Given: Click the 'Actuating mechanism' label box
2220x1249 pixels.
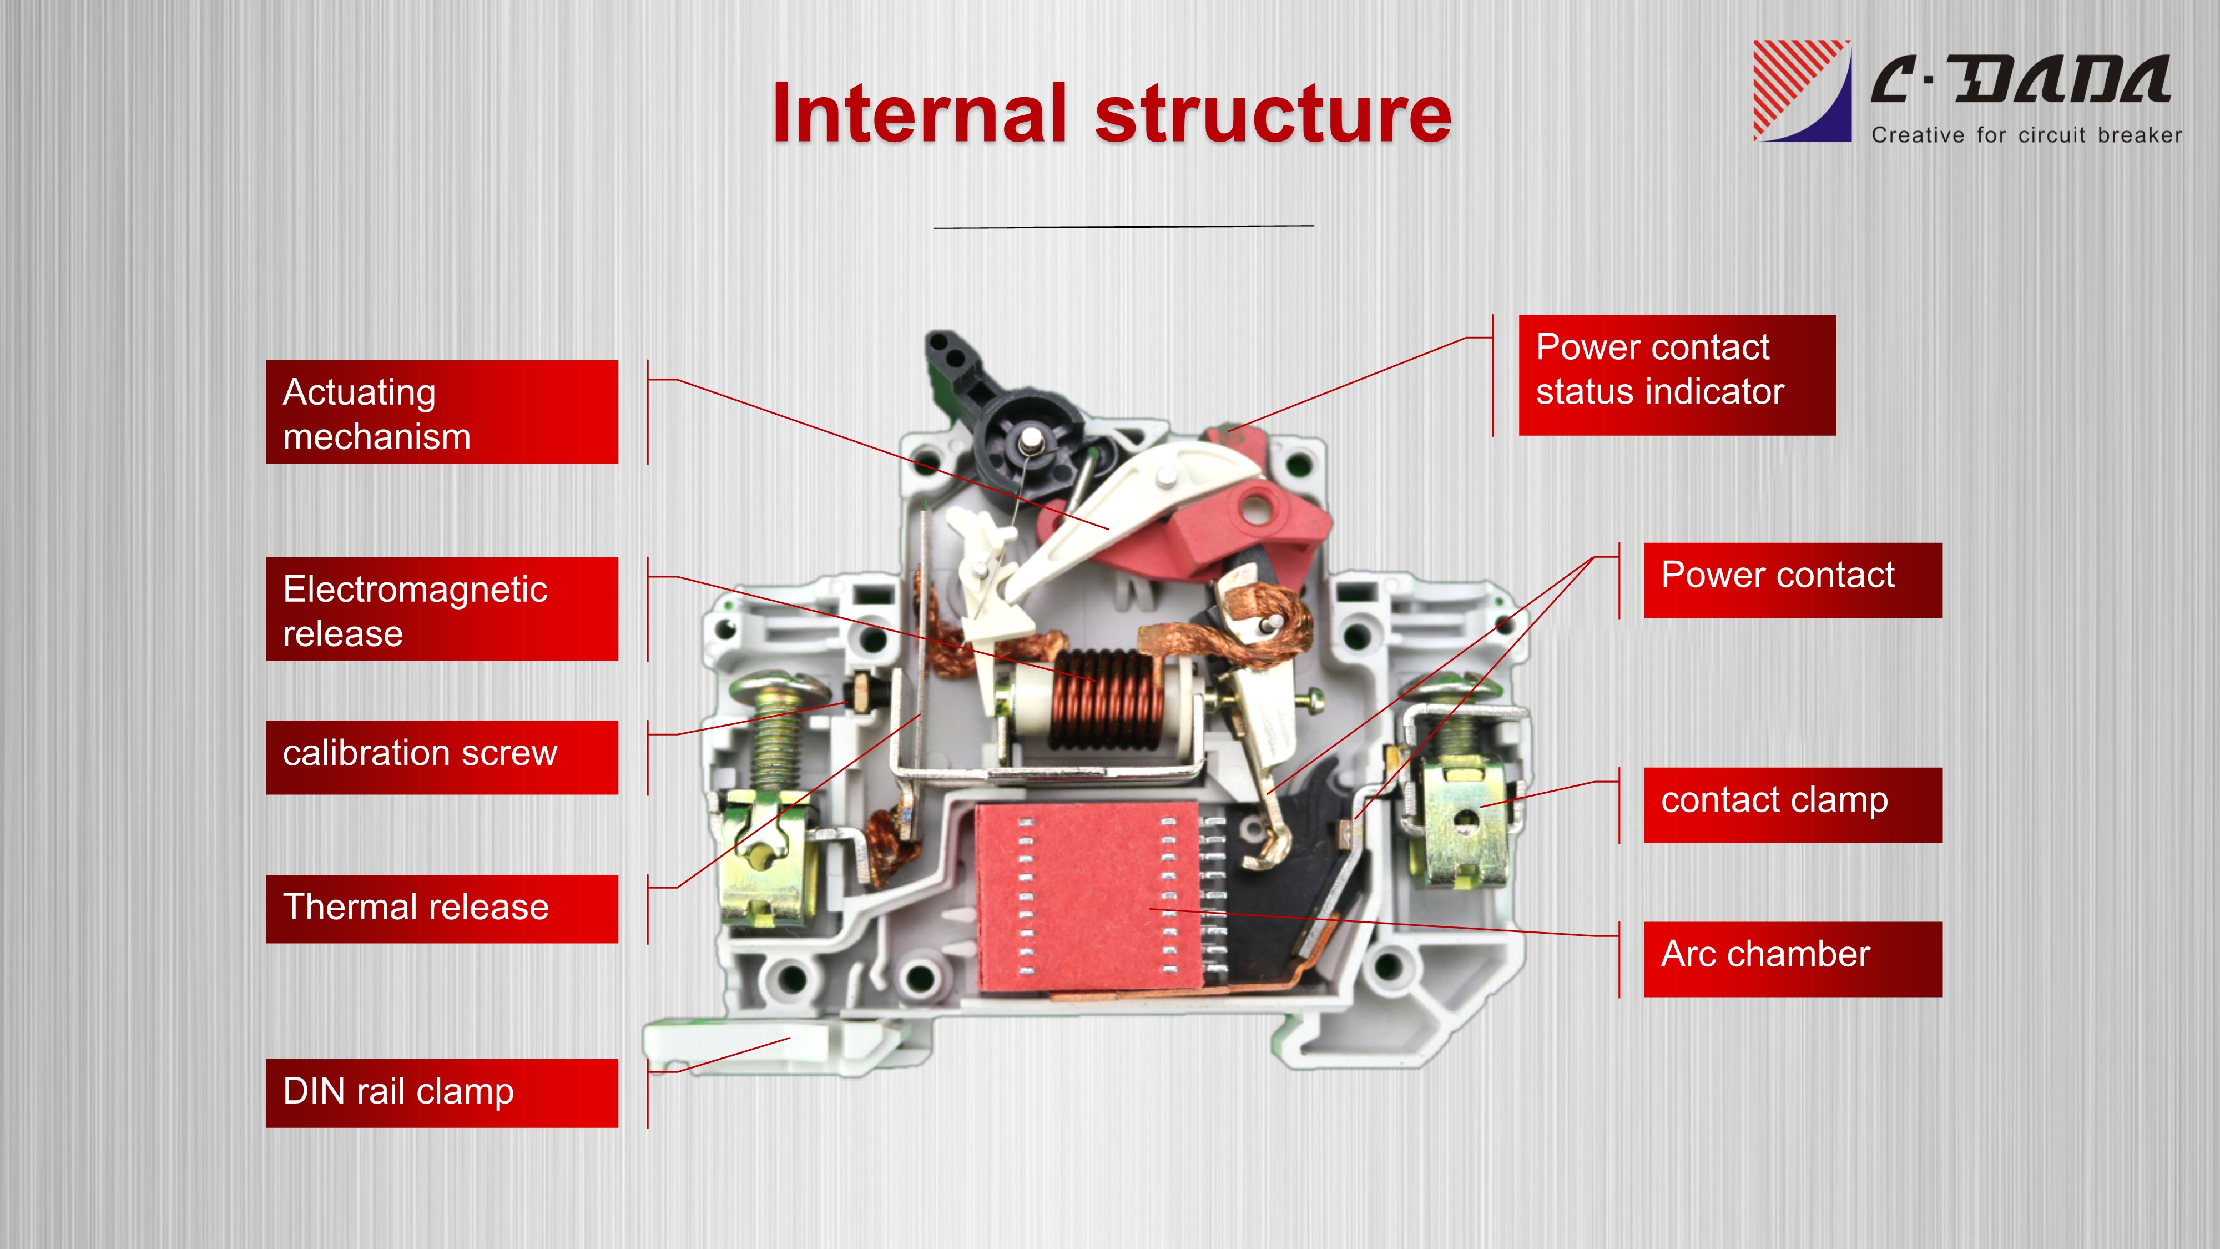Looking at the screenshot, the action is pos(442,412).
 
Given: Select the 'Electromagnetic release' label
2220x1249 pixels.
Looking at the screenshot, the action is pos(442,610).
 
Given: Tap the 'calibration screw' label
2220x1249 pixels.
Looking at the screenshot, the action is pos(442,757).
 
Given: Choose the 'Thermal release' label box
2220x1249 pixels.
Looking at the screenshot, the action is pos(442,909).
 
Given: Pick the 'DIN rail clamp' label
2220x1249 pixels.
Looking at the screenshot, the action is pos(442,1093).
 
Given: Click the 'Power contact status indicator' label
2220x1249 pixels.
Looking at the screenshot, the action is pos(1677,375).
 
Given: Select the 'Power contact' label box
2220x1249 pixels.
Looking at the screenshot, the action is pos(1793,580).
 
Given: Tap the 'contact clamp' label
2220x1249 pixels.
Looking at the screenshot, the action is pos(1793,805).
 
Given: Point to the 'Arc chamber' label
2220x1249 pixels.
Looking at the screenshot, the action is pos(1793,959).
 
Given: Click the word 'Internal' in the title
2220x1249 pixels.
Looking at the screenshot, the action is pos(920,114).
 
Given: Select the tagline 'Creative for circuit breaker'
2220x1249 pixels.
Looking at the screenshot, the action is pos(2027,135).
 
